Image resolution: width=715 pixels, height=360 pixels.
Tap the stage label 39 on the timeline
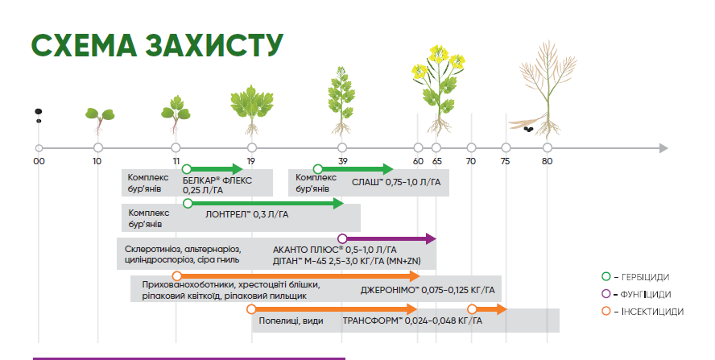[342, 161]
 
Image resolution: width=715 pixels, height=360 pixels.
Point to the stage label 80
[548, 161]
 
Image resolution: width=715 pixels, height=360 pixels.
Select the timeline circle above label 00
[39, 148]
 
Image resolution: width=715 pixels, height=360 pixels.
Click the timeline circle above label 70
[472, 148]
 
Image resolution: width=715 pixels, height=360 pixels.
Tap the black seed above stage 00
[39, 111]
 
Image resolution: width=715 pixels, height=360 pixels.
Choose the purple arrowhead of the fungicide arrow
[431, 238]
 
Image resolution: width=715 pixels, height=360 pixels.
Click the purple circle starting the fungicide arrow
[342, 238]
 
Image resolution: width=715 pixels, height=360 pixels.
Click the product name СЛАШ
[367, 182]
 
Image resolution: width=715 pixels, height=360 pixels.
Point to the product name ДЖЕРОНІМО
[390, 290]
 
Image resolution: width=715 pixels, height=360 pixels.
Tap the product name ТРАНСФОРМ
[373, 321]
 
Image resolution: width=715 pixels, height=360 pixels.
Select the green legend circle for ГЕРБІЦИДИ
[606, 276]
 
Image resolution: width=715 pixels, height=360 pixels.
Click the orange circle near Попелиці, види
[251, 309]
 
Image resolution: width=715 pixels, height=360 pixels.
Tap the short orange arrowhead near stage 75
[502, 309]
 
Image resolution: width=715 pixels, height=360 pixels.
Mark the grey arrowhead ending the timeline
[663, 148]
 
